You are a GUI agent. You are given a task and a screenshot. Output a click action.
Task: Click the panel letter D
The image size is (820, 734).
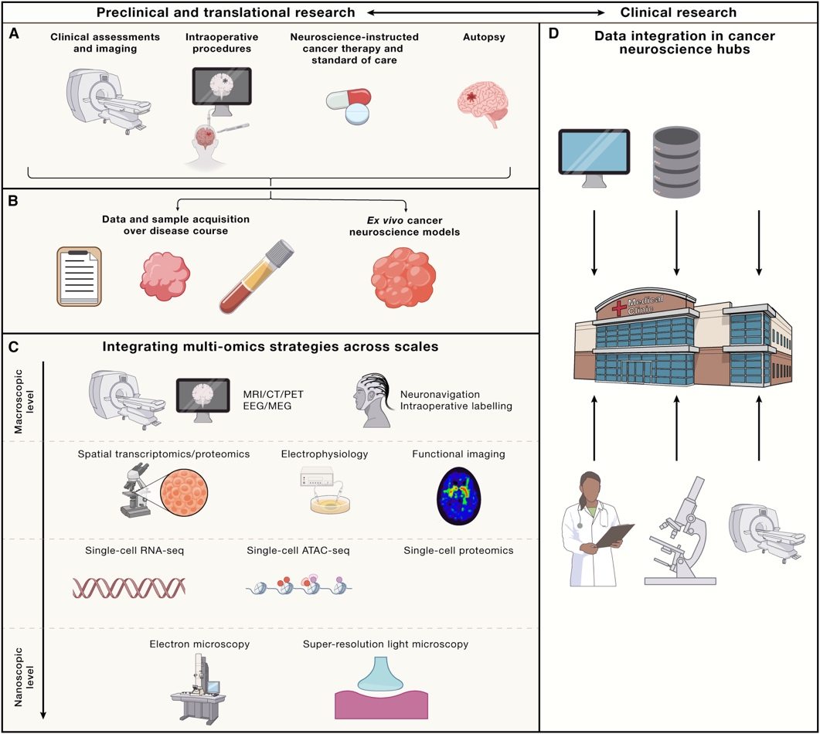(553, 34)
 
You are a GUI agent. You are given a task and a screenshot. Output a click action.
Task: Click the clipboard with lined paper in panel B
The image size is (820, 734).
(79, 277)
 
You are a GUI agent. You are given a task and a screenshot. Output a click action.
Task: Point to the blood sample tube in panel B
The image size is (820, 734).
(257, 277)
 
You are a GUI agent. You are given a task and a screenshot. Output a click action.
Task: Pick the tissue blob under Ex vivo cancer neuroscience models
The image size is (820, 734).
(403, 278)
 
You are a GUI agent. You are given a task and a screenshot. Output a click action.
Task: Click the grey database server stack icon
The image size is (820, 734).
(676, 162)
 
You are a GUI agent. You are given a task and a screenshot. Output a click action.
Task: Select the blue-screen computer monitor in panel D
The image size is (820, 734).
(594, 158)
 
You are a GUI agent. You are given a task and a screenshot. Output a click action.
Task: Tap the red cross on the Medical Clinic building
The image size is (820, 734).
(619, 308)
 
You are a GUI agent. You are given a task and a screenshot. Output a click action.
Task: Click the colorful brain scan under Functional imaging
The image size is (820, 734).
(458, 495)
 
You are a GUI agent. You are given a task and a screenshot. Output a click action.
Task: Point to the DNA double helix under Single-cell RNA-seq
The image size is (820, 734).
(128, 588)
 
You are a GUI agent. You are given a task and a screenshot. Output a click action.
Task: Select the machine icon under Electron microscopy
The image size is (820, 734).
(198, 688)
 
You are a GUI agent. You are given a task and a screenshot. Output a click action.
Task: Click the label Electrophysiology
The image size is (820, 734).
(325, 454)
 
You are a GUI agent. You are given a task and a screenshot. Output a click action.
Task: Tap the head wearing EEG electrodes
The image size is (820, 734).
(373, 400)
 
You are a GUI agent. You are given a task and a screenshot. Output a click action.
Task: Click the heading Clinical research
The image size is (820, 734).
(679, 12)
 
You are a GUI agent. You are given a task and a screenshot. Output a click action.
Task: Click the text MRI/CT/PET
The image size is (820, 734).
(273, 394)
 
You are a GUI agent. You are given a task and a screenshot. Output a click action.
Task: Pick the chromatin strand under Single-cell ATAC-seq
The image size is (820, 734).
(298, 585)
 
